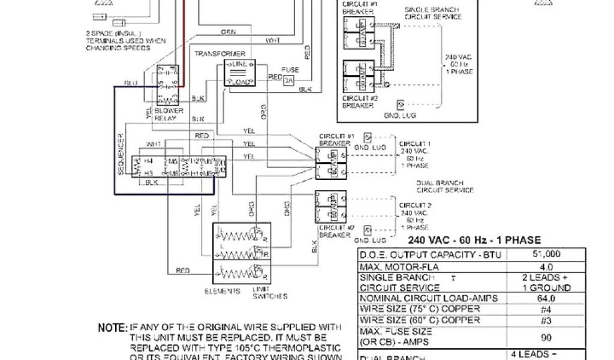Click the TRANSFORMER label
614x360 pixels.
click(215, 53)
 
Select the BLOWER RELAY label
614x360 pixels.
click(165, 114)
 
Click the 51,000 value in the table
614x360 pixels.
click(546, 254)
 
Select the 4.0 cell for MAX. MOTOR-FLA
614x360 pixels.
click(546, 266)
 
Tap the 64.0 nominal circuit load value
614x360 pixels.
click(546, 298)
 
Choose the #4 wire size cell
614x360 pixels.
click(546, 310)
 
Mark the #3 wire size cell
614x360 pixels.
click(546, 320)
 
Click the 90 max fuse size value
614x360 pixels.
click(546, 338)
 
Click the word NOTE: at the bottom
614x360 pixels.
click(113, 328)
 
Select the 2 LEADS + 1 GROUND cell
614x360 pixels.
click(546, 282)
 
